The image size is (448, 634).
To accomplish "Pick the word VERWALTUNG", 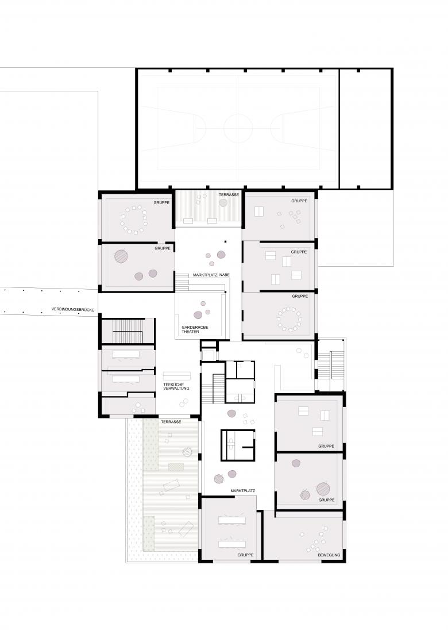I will [176, 389].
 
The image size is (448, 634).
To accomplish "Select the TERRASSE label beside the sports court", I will [229, 195].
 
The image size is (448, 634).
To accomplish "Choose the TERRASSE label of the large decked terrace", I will [171, 422].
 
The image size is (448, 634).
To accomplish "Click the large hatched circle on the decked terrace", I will [187, 453].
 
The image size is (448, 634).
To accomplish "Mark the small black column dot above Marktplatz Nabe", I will [226, 242].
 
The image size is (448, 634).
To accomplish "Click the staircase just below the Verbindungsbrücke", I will [127, 332].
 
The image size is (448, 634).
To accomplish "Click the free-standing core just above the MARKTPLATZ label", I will [239, 444].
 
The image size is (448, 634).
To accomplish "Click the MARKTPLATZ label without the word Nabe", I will [242, 490].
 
